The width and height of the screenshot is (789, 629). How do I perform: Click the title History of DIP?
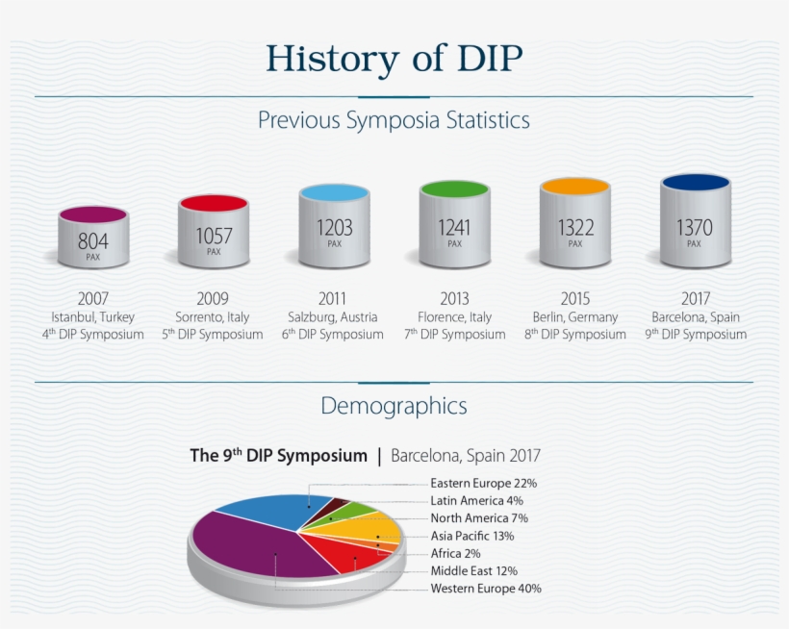tap(394, 59)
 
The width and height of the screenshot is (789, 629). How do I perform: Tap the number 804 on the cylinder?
tap(93, 241)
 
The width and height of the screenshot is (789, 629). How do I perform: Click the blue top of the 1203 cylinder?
tap(334, 192)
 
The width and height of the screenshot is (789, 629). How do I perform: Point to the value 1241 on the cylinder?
tap(454, 228)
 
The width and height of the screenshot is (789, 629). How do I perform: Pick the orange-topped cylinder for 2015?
tap(574, 226)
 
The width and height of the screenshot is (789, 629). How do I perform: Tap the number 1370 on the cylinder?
tap(694, 228)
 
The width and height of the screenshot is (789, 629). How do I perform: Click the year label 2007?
tap(93, 298)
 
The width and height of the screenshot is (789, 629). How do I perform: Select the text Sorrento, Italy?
tap(213, 316)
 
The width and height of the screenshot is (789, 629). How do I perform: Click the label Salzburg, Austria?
tap(333, 316)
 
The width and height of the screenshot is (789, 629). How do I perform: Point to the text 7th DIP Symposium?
tap(454, 335)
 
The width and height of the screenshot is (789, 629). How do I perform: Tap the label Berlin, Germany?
tap(574, 316)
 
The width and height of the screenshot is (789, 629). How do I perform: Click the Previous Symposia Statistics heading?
tap(394, 121)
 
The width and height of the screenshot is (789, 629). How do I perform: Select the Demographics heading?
tap(394, 406)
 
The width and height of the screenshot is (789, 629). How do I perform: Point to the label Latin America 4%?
tap(476, 500)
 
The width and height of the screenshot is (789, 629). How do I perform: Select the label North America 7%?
tap(478, 517)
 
